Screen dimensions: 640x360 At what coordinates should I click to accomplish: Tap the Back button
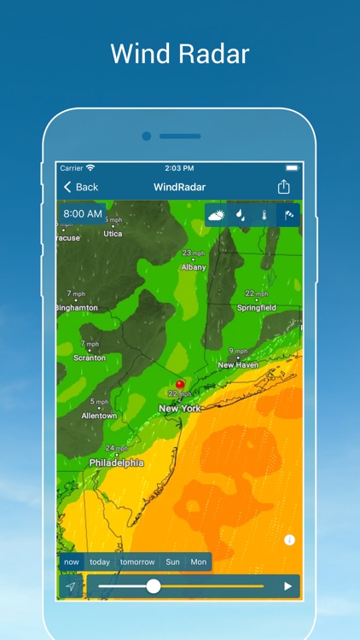coord(80,187)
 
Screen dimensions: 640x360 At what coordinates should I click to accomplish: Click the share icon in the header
coord(283,187)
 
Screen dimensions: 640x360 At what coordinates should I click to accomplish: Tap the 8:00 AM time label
coord(83,213)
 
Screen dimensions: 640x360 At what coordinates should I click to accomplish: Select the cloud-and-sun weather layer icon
coord(217,216)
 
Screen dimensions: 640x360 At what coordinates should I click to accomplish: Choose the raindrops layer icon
coord(241,216)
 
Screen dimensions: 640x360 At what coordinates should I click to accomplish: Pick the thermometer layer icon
coord(264,216)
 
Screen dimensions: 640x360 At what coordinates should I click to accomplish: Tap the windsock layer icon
coord(288,216)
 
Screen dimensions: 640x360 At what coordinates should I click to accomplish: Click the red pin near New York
coord(180,385)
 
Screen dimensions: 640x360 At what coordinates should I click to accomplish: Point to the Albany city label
coord(194,267)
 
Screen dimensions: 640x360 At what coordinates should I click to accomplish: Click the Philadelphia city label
coord(117,463)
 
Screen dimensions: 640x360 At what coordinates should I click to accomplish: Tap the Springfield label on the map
coord(256,307)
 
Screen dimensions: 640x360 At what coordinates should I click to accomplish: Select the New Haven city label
coord(238,365)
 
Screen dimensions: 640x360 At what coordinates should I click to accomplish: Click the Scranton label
coord(90,358)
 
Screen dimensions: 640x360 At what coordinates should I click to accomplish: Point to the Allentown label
coord(99,416)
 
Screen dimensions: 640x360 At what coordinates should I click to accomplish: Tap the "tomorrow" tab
coord(137,562)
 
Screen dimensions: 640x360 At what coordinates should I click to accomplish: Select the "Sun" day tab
coord(172,562)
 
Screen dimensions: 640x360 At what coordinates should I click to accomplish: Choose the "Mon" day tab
coord(198,562)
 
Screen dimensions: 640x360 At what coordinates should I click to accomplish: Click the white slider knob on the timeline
coord(154,585)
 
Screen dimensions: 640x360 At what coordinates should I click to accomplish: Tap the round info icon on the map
coord(289,540)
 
